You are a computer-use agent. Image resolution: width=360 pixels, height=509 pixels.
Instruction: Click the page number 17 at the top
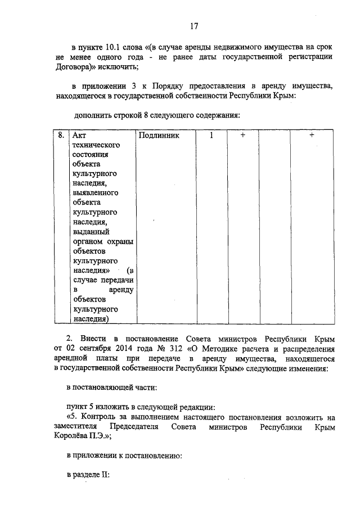(194, 25)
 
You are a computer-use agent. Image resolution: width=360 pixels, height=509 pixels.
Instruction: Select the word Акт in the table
(79, 136)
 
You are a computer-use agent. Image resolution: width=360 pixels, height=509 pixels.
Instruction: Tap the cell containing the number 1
(211, 136)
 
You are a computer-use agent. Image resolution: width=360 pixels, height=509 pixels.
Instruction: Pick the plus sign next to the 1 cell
(242, 136)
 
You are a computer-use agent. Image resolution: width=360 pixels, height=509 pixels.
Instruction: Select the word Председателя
(133, 427)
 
